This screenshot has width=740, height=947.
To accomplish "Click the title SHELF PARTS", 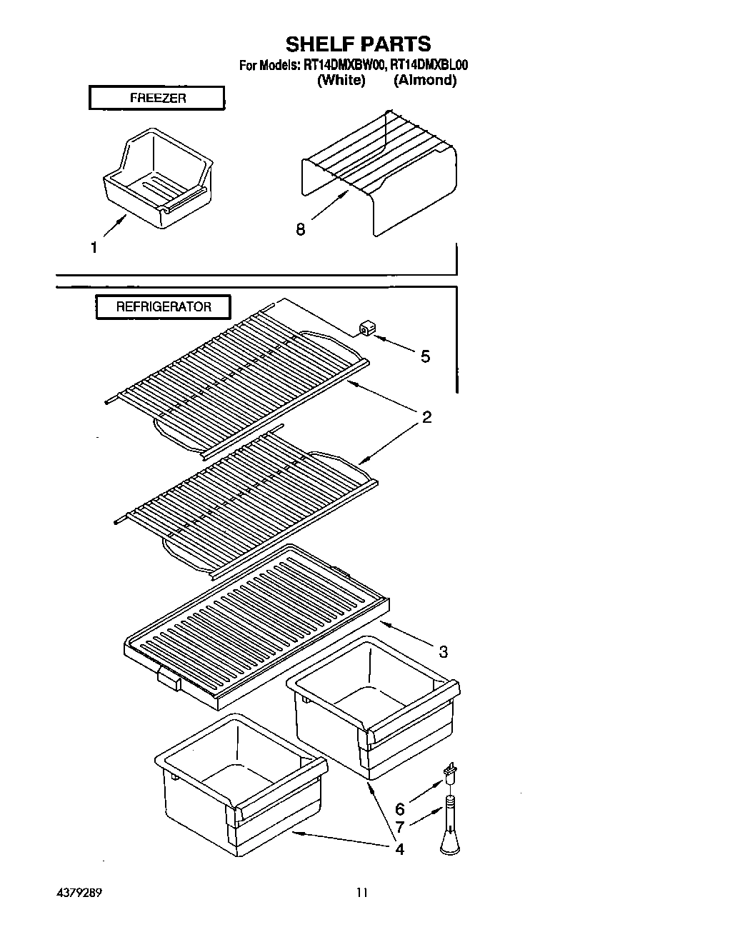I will pyautogui.click(x=358, y=44).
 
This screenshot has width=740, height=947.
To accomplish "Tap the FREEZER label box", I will pyautogui.click(x=156, y=98).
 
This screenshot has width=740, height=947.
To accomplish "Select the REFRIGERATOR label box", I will pyautogui.click(x=164, y=307).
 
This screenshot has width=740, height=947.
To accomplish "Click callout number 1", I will pyautogui.click(x=94, y=248).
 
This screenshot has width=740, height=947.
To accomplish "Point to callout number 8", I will pyautogui.click(x=301, y=229).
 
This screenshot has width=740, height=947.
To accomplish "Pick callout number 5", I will pyautogui.click(x=425, y=356).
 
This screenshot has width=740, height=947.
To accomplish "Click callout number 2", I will pyautogui.click(x=426, y=417).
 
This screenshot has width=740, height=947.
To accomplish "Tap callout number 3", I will pyautogui.click(x=444, y=651).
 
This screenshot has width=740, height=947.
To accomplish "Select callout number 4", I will pyautogui.click(x=399, y=849).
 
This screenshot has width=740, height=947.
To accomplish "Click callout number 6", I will pyautogui.click(x=400, y=809).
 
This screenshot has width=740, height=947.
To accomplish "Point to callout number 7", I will pyautogui.click(x=400, y=828).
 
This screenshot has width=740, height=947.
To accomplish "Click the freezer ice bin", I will pyautogui.click(x=158, y=179).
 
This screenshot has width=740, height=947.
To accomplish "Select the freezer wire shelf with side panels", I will pyautogui.click(x=379, y=171).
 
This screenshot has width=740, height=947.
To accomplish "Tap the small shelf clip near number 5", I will pyautogui.click(x=366, y=328).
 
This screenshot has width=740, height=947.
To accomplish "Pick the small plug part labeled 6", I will pyautogui.click(x=450, y=772).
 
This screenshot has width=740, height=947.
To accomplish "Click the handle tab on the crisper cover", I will pyautogui.click(x=169, y=678).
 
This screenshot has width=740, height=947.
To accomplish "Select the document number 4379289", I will pyautogui.click(x=83, y=892).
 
